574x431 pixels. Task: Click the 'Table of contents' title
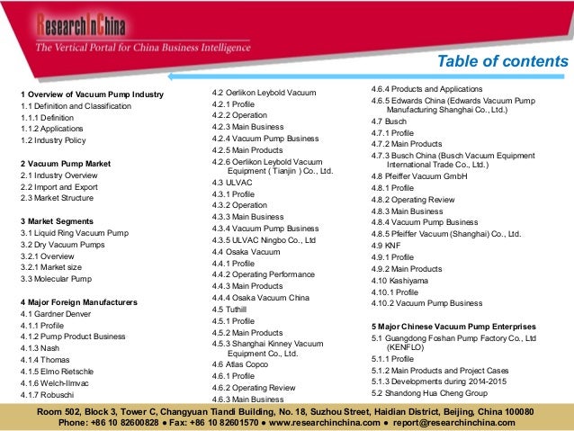click(x=502, y=61)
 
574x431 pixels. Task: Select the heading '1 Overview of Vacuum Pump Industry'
click(x=92, y=94)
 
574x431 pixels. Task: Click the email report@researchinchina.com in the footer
click(x=458, y=422)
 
